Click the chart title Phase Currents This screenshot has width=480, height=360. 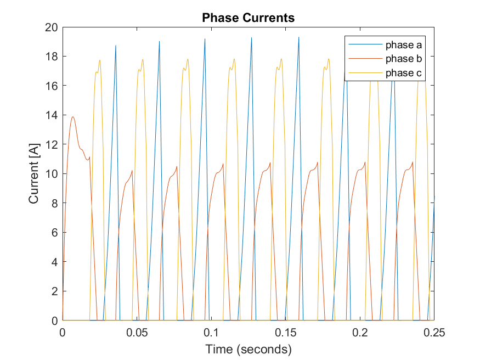pyautogui.click(x=248, y=18)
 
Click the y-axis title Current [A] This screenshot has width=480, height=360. pyautogui.click(x=34, y=173)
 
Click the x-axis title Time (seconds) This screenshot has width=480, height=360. pyautogui.click(x=248, y=349)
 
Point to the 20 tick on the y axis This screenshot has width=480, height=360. pyautogui.click(x=50, y=27)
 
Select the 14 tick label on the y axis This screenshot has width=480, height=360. pyautogui.click(x=50, y=115)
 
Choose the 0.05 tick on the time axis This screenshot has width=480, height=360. pyautogui.click(x=137, y=333)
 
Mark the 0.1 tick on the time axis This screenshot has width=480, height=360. pyautogui.click(x=211, y=333)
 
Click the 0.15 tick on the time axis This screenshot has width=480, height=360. pyautogui.click(x=285, y=333)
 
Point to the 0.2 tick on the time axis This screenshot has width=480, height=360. pyautogui.click(x=360, y=333)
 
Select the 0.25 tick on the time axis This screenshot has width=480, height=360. pyautogui.click(x=433, y=333)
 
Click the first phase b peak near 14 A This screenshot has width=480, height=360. pyautogui.click(x=73, y=116)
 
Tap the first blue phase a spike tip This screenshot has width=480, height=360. pyautogui.click(x=116, y=46)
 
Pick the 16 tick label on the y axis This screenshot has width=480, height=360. pyautogui.click(x=50, y=86)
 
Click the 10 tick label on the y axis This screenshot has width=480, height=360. pyautogui.click(x=50, y=173)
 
